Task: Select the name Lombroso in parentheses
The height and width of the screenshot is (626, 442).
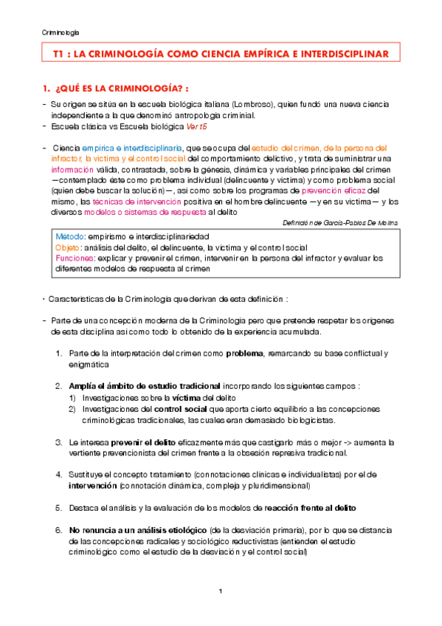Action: (x=249, y=105)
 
